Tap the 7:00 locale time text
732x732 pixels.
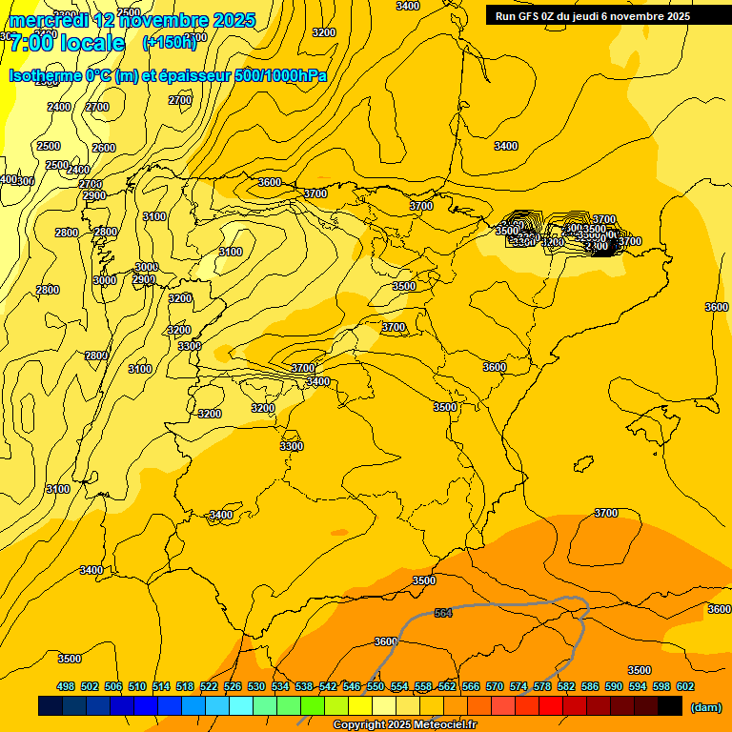pyautogui.click(x=67, y=43)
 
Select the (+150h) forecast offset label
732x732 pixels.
pyautogui.click(x=170, y=42)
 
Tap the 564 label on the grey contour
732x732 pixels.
pyautogui.click(x=443, y=613)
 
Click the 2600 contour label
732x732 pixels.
pyautogui.click(x=104, y=148)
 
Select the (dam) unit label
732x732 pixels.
pyautogui.click(x=705, y=706)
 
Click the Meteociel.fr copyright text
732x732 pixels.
pyautogui.click(x=404, y=725)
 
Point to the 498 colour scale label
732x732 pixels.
pyautogui.click(x=66, y=686)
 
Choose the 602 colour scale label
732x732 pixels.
pyautogui.click(x=685, y=686)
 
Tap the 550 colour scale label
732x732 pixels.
pyautogui.click(x=376, y=686)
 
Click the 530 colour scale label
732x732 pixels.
pyautogui.click(x=256, y=686)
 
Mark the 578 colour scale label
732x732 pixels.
pyautogui.click(x=542, y=686)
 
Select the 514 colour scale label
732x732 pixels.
pyautogui.click(x=161, y=686)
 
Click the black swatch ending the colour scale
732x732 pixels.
pyautogui.click(x=670, y=705)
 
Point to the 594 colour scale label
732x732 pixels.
pyautogui.click(x=638, y=686)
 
